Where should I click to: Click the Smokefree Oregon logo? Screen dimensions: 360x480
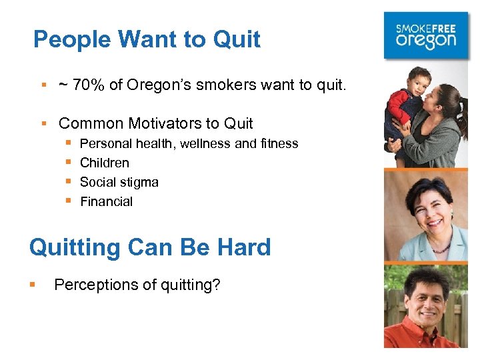(427, 35)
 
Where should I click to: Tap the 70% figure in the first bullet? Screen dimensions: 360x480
(85, 85)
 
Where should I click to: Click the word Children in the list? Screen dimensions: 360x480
(105, 163)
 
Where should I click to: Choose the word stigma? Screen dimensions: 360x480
(139, 182)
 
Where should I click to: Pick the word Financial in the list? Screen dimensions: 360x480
(107, 201)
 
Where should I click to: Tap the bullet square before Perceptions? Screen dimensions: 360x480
(33, 285)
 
